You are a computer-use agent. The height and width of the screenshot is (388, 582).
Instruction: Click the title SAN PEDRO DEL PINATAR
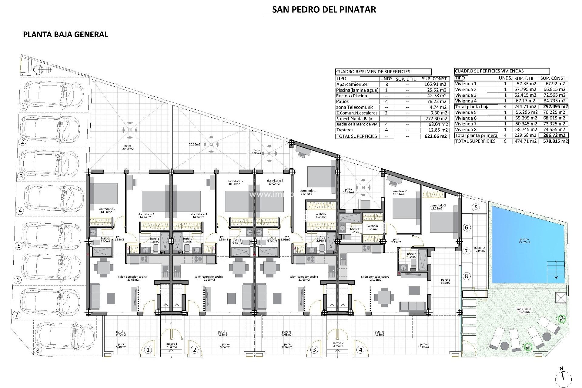click(324, 9)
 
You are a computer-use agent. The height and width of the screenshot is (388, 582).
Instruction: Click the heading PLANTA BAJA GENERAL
click(65, 35)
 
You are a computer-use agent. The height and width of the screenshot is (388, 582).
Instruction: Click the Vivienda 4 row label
click(466, 101)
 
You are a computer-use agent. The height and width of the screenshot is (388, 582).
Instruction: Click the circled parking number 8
click(38, 351)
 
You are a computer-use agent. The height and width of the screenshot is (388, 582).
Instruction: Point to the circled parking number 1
click(23, 107)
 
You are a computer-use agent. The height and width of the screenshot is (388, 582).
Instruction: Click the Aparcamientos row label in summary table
click(352, 85)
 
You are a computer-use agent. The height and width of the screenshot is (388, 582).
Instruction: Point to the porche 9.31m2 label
click(446, 281)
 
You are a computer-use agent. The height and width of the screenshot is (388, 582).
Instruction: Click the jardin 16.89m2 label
click(423, 346)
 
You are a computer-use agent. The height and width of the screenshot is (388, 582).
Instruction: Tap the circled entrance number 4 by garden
click(360, 350)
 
